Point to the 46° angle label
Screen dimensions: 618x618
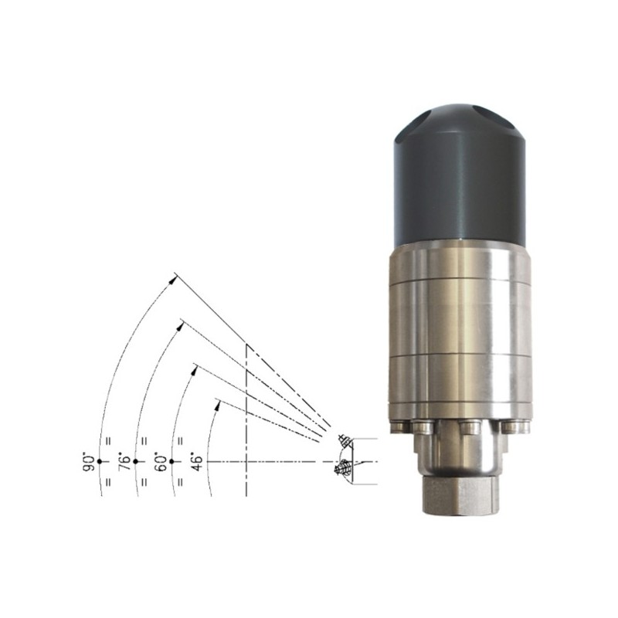[x=197, y=462]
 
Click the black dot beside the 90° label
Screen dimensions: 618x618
[x=100, y=461]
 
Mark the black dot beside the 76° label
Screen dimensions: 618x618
[x=136, y=461]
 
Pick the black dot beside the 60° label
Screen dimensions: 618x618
[x=171, y=461]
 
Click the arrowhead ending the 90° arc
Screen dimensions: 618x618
[x=171, y=280]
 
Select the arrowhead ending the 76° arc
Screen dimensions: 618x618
[x=181, y=325]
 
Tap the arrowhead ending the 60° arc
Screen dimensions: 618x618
[x=194, y=370]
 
